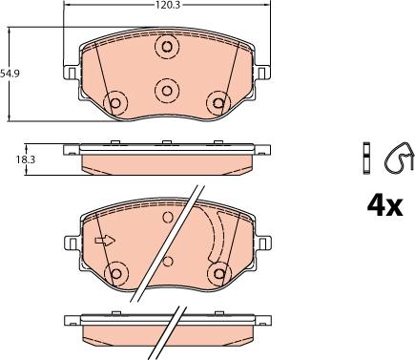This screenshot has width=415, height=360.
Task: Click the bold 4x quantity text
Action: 384,205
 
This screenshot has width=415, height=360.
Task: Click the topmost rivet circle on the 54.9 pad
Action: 167,46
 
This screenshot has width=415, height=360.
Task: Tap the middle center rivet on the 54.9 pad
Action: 167,90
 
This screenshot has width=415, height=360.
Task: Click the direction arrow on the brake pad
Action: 104,240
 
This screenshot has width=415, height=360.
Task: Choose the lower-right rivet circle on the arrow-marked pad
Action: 218,274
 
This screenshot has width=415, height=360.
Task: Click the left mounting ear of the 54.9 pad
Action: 70,71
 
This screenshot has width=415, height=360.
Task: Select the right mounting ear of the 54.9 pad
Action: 264,71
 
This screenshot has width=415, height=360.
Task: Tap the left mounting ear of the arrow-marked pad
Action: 70,244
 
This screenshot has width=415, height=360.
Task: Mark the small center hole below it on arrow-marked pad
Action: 167,260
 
